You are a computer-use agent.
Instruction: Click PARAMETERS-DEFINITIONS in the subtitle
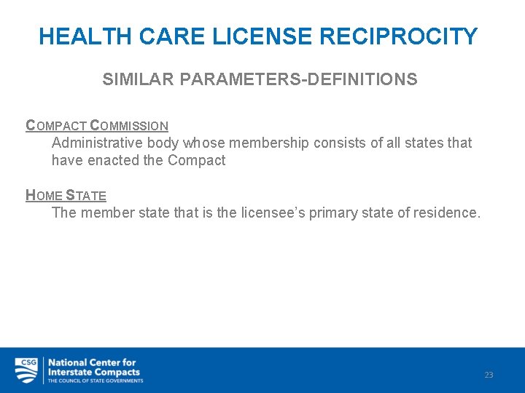coord(297,79)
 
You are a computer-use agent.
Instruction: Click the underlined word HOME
coord(44,195)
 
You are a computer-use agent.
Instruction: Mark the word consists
coord(339,143)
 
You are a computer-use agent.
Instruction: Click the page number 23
coord(489,375)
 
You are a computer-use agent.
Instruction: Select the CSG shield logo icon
coord(27,370)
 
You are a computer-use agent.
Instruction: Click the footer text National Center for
coord(92,362)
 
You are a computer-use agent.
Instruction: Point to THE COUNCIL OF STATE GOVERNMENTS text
coord(95,381)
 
